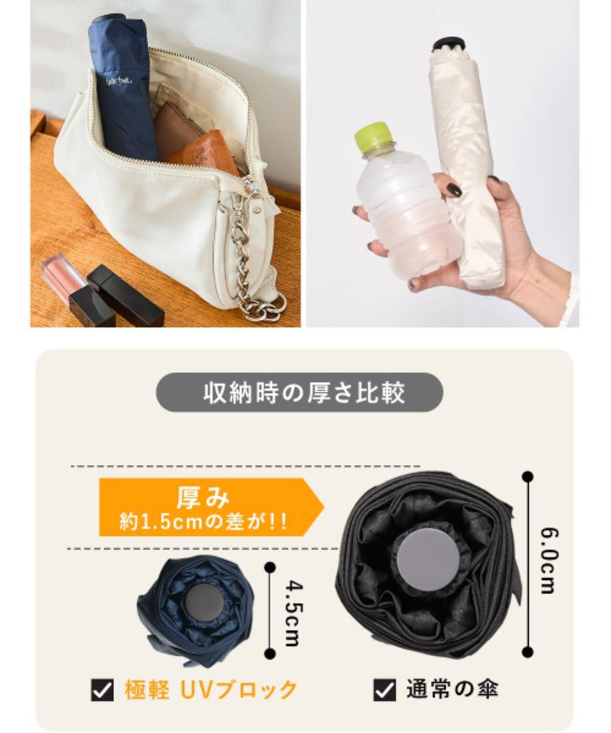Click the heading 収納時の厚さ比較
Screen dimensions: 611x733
pos(304,393)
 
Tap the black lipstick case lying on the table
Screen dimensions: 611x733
pos(126,295)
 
